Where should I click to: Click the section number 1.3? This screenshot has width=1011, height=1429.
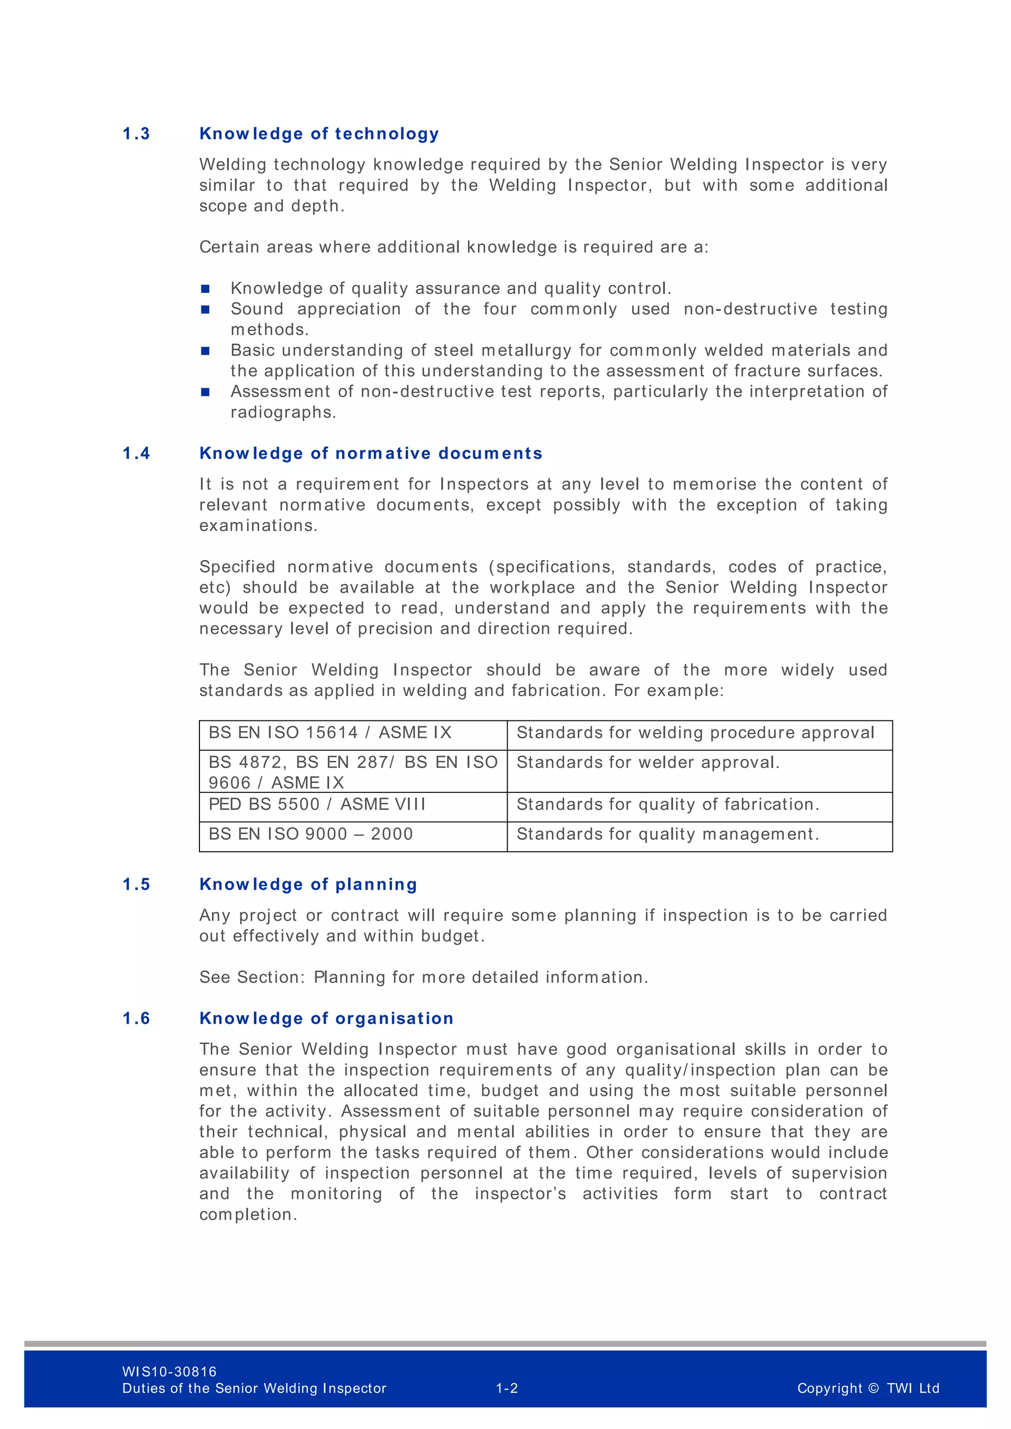[x=136, y=134]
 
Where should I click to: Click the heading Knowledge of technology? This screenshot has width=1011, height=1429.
[x=319, y=134]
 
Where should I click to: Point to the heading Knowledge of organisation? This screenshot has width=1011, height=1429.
[x=326, y=1018]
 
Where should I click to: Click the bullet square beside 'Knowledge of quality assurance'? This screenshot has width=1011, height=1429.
[x=205, y=289]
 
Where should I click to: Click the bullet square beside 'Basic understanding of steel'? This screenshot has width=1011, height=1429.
[x=205, y=351]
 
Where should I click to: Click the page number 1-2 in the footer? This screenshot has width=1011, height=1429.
[x=507, y=1389]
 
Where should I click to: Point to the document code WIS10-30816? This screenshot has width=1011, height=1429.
[x=169, y=1372]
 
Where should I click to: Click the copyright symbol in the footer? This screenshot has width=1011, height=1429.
[x=873, y=1389]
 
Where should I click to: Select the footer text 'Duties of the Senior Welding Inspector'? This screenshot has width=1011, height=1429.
[x=254, y=1389]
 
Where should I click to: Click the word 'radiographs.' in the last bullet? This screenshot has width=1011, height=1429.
[x=283, y=413]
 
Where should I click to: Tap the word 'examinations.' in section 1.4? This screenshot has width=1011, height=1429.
[x=258, y=526]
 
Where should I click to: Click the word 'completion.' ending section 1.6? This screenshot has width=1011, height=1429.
[x=248, y=1215]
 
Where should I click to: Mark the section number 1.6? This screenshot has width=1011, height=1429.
[x=136, y=1018]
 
